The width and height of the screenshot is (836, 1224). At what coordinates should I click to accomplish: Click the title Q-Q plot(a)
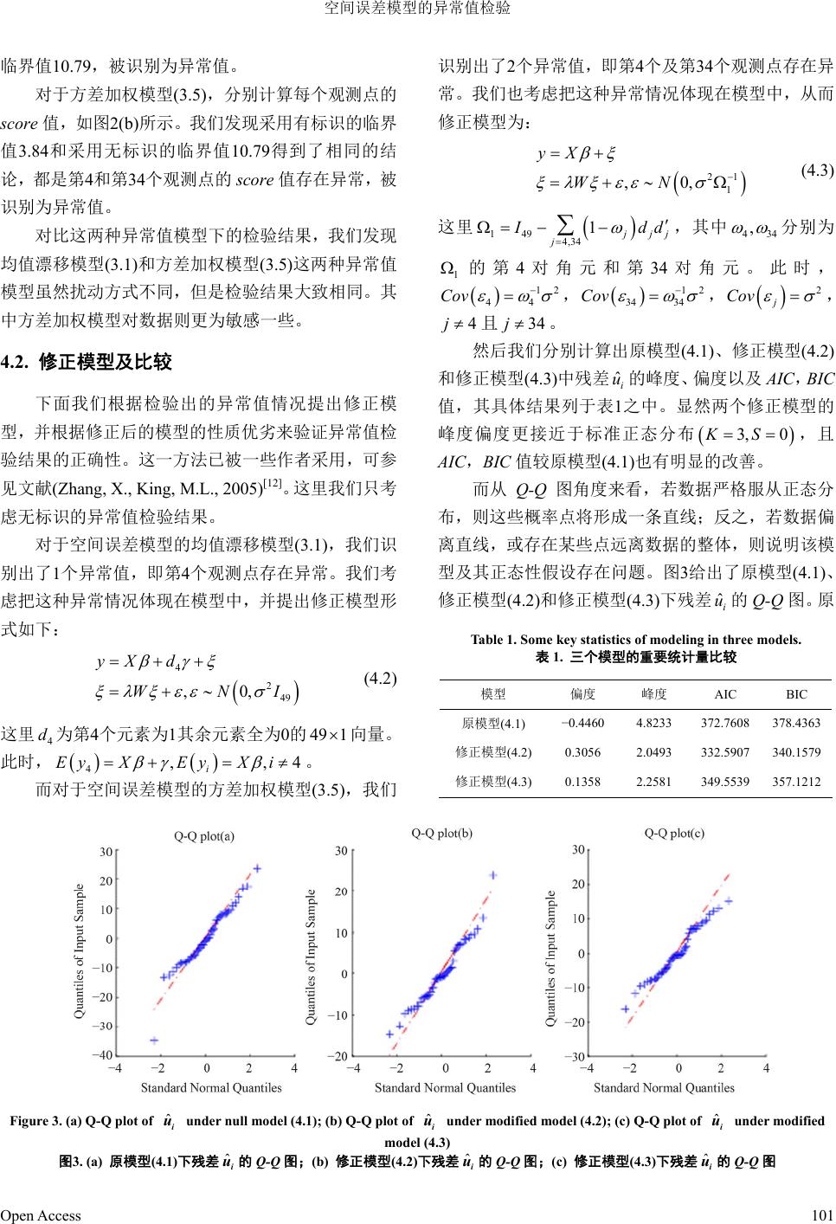coord(204,836)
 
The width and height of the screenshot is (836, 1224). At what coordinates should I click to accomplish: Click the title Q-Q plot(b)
coord(442,834)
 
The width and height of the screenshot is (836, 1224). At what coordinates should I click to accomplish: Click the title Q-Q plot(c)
coord(674,834)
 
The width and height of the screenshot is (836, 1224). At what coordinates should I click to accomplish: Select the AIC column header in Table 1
coord(726,694)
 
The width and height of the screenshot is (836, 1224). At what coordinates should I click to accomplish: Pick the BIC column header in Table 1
coord(796,694)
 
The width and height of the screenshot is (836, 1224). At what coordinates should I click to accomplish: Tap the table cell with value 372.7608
coord(726,723)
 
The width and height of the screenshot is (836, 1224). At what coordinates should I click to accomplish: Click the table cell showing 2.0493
coord(653,752)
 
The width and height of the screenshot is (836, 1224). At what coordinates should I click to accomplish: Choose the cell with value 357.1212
coord(796,782)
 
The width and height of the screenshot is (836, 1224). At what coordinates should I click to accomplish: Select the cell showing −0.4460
coord(582,723)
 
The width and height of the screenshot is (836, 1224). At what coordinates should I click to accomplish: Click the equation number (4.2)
coord(380,678)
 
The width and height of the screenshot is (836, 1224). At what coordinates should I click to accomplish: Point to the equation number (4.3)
coord(817,171)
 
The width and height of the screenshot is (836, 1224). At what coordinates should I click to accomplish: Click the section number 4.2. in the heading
coord(17,362)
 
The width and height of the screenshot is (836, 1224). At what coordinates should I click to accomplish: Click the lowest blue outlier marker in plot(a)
coord(155,1040)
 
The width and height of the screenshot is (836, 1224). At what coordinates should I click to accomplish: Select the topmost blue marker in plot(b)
coord(493,874)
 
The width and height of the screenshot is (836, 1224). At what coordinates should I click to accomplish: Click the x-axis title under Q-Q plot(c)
coord(664,1088)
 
